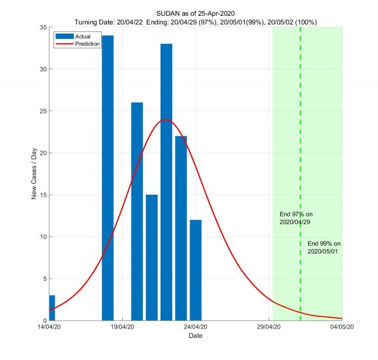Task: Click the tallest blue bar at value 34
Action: click(x=108, y=177)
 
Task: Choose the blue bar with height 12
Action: click(x=195, y=270)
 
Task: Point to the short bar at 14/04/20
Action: click(x=52, y=308)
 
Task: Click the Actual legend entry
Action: click(x=75, y=36)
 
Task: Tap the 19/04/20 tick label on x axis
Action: click(x=123, y=327)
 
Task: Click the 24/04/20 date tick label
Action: click(x=196, y=327)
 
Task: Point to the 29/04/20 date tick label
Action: click(x=269, y=327)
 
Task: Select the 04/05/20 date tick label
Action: click(x=342, y=327)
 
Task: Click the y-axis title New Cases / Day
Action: click(x=34, y=174)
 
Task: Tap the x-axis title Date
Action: click(x=196, y=336)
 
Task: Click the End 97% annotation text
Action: click(x=296, y=218)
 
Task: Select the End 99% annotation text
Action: click(x=323, y=247)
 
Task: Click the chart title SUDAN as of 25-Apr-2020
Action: click(x=196, y=13)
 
